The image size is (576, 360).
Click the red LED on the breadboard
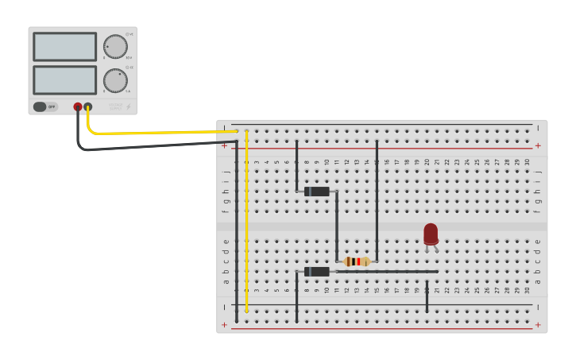pyautogui.click(x=431, y=234)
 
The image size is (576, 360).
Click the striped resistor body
pyautogui.click(x=357, y=261)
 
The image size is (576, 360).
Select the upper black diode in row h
pyautogui.click(x=317, y=192)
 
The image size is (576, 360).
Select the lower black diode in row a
pyautogui.click(x=317, y=272)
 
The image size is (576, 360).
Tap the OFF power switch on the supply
pyautogui.click(x=45, y=106)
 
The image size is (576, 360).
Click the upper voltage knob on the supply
pyautogui.click(x=115, y=47)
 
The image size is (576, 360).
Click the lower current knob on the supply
pyautogui.click(x=115, y=80)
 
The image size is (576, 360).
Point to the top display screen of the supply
pyautogui.click(x=65, y=47)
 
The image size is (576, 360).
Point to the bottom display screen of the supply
pyautogui.click(x=65, y=79)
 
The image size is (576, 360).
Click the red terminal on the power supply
pyautogui.click(x=78, y=106)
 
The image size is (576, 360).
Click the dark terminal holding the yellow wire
pyautogui.click(x=87, y=106)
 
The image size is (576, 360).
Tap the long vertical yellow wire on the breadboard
pyautogui.click(x=246, y=223)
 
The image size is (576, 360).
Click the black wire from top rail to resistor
pyautogui.click(x=377, y=199)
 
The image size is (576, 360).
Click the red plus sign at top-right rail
pyautogui.click(x=538, y=145)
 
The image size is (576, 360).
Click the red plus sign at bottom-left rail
pyautogui.click(x=224, y=325)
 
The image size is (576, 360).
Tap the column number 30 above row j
pyautogui.click(x=527, y=162)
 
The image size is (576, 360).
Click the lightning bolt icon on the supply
pyautogui.click(x=130, y=106)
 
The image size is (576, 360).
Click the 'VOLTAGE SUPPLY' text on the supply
pyautogui.click(x=116, y=106)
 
